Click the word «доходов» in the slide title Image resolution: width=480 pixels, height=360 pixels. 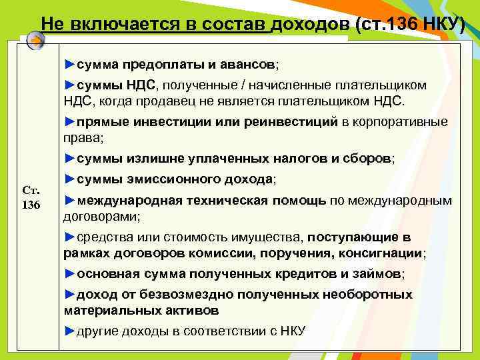pos(311,24)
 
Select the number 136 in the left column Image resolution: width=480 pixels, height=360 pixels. pos(31,204)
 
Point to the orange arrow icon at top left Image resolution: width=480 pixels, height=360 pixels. pos(36,41)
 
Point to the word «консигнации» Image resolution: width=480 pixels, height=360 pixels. pos(389,253)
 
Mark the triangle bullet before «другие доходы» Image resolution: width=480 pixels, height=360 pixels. pos(70,331)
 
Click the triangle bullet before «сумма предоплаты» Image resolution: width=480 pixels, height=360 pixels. pos(70,65)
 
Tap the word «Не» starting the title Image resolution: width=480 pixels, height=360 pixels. pos(50,24)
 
